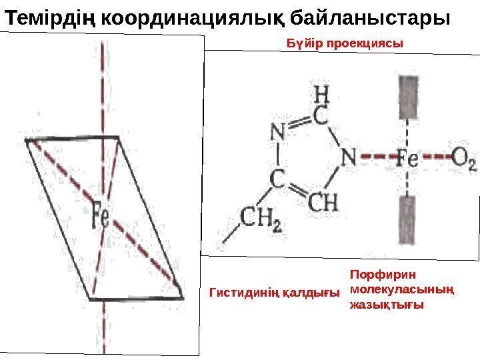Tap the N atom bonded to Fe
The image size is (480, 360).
pos(349,157)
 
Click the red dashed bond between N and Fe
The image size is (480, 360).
pos(376,159)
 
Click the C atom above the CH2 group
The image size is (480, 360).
pos(277,179)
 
